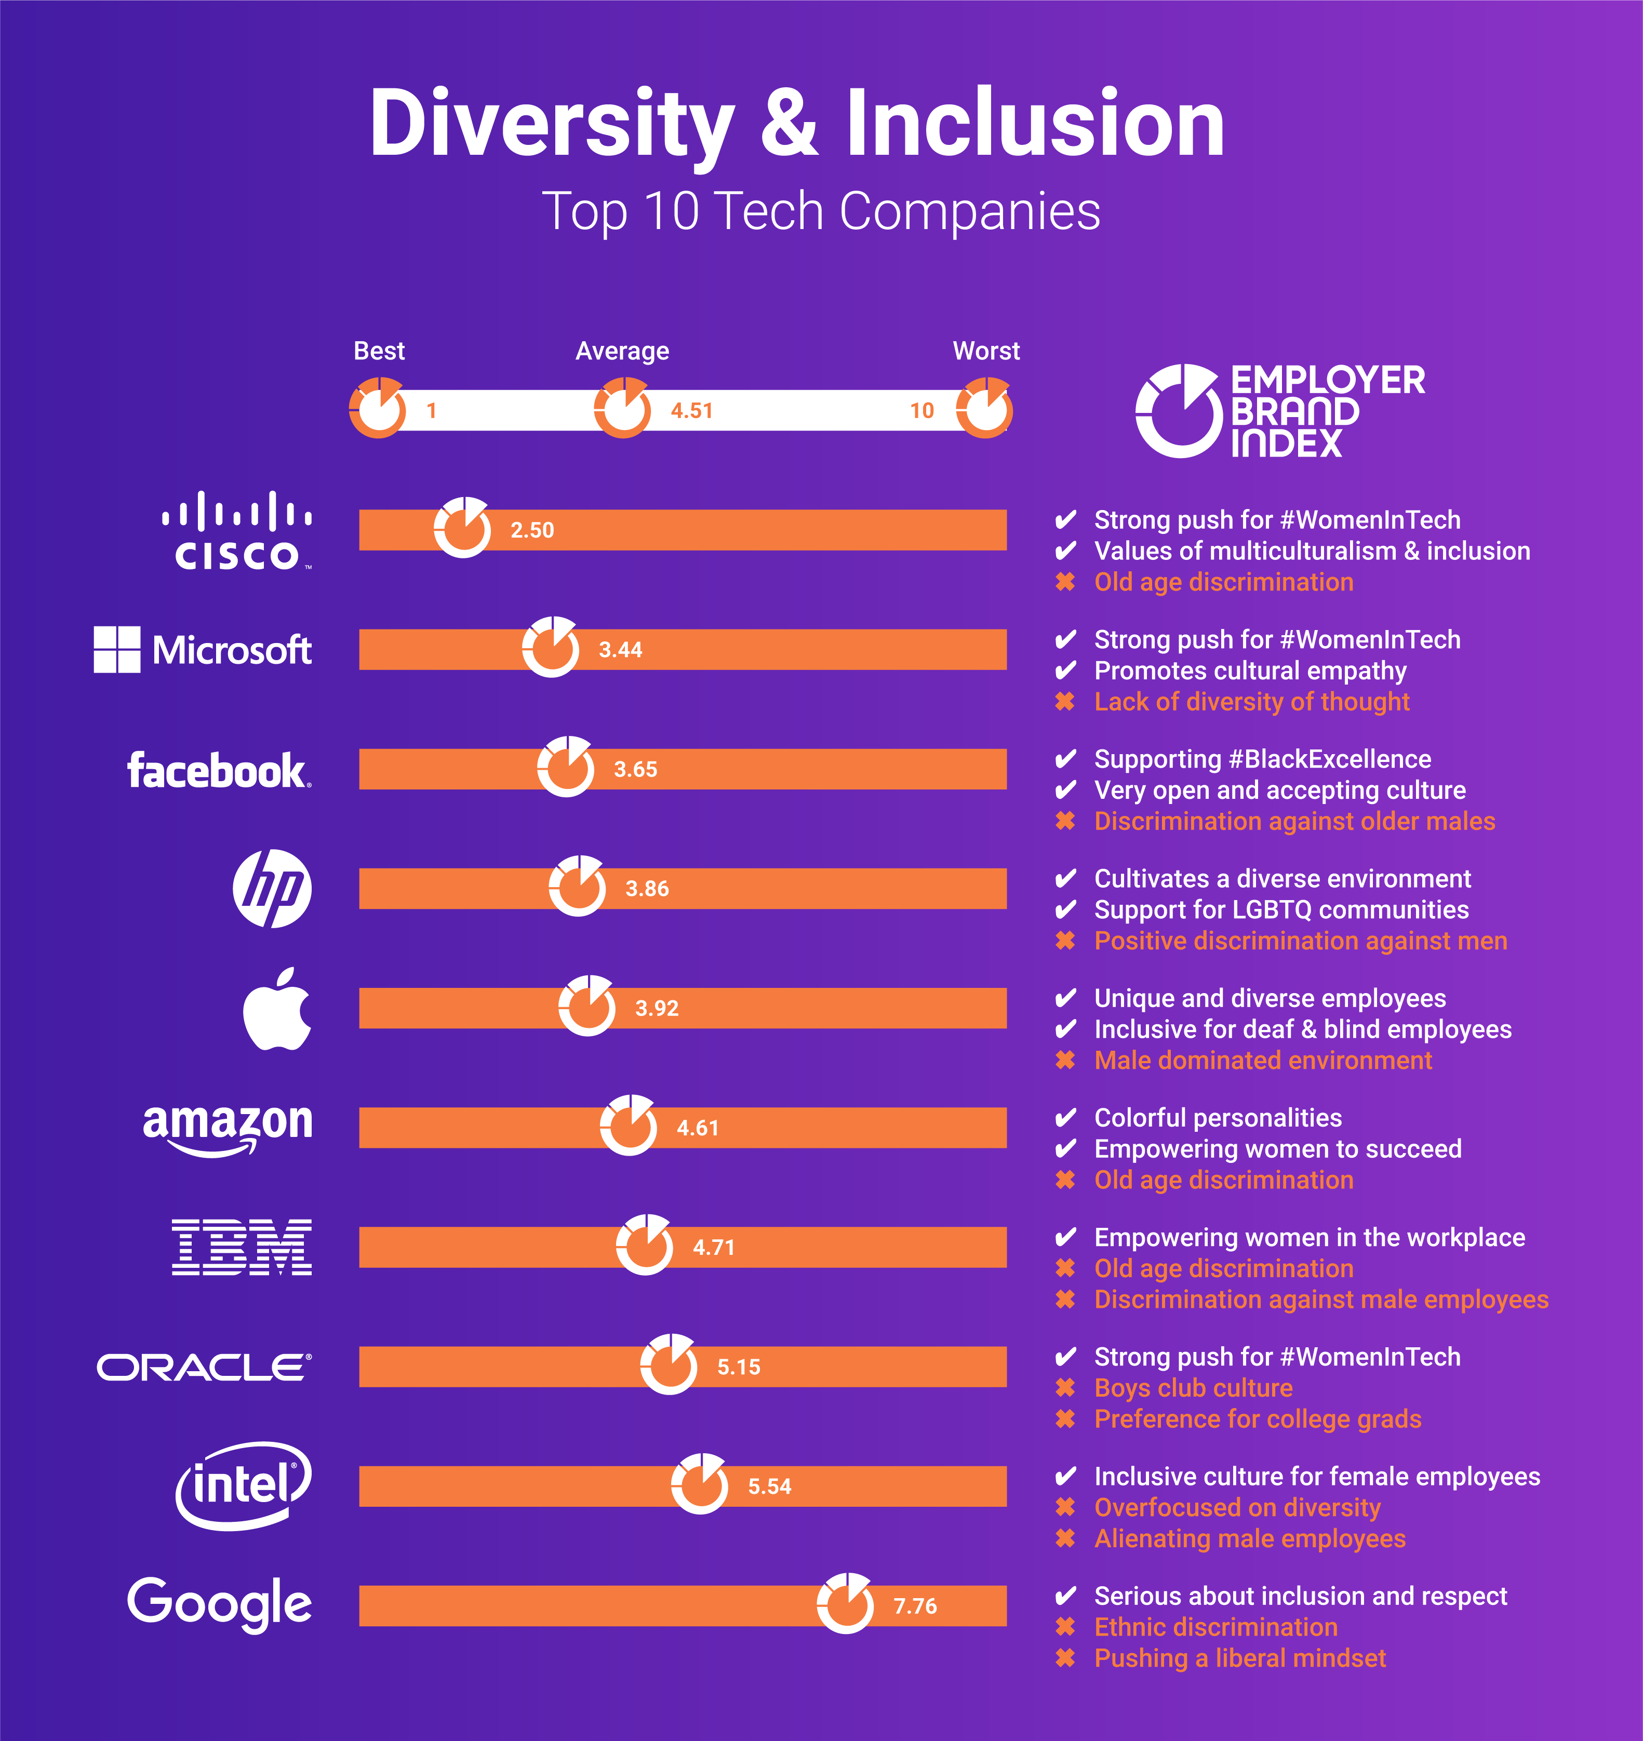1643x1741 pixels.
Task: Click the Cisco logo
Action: click(236, 531)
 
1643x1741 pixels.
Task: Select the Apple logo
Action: click(277, 1009)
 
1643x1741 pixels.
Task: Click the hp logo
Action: click(272, 888)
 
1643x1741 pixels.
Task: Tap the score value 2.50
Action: click(532, 530)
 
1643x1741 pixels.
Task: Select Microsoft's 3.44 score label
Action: click(620, 650)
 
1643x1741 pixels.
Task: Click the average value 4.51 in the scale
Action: click(692, 411)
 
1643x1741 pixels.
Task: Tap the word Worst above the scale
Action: click(986, 351)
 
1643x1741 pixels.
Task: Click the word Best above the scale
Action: click(379, 351)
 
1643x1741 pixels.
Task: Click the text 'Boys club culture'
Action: click(1193, 1388)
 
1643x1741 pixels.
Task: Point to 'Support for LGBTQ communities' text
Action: click(1281, 910)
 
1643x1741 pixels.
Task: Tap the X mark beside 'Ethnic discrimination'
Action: click(1065, 1627)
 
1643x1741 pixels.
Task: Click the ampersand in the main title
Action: click(789, 124)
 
